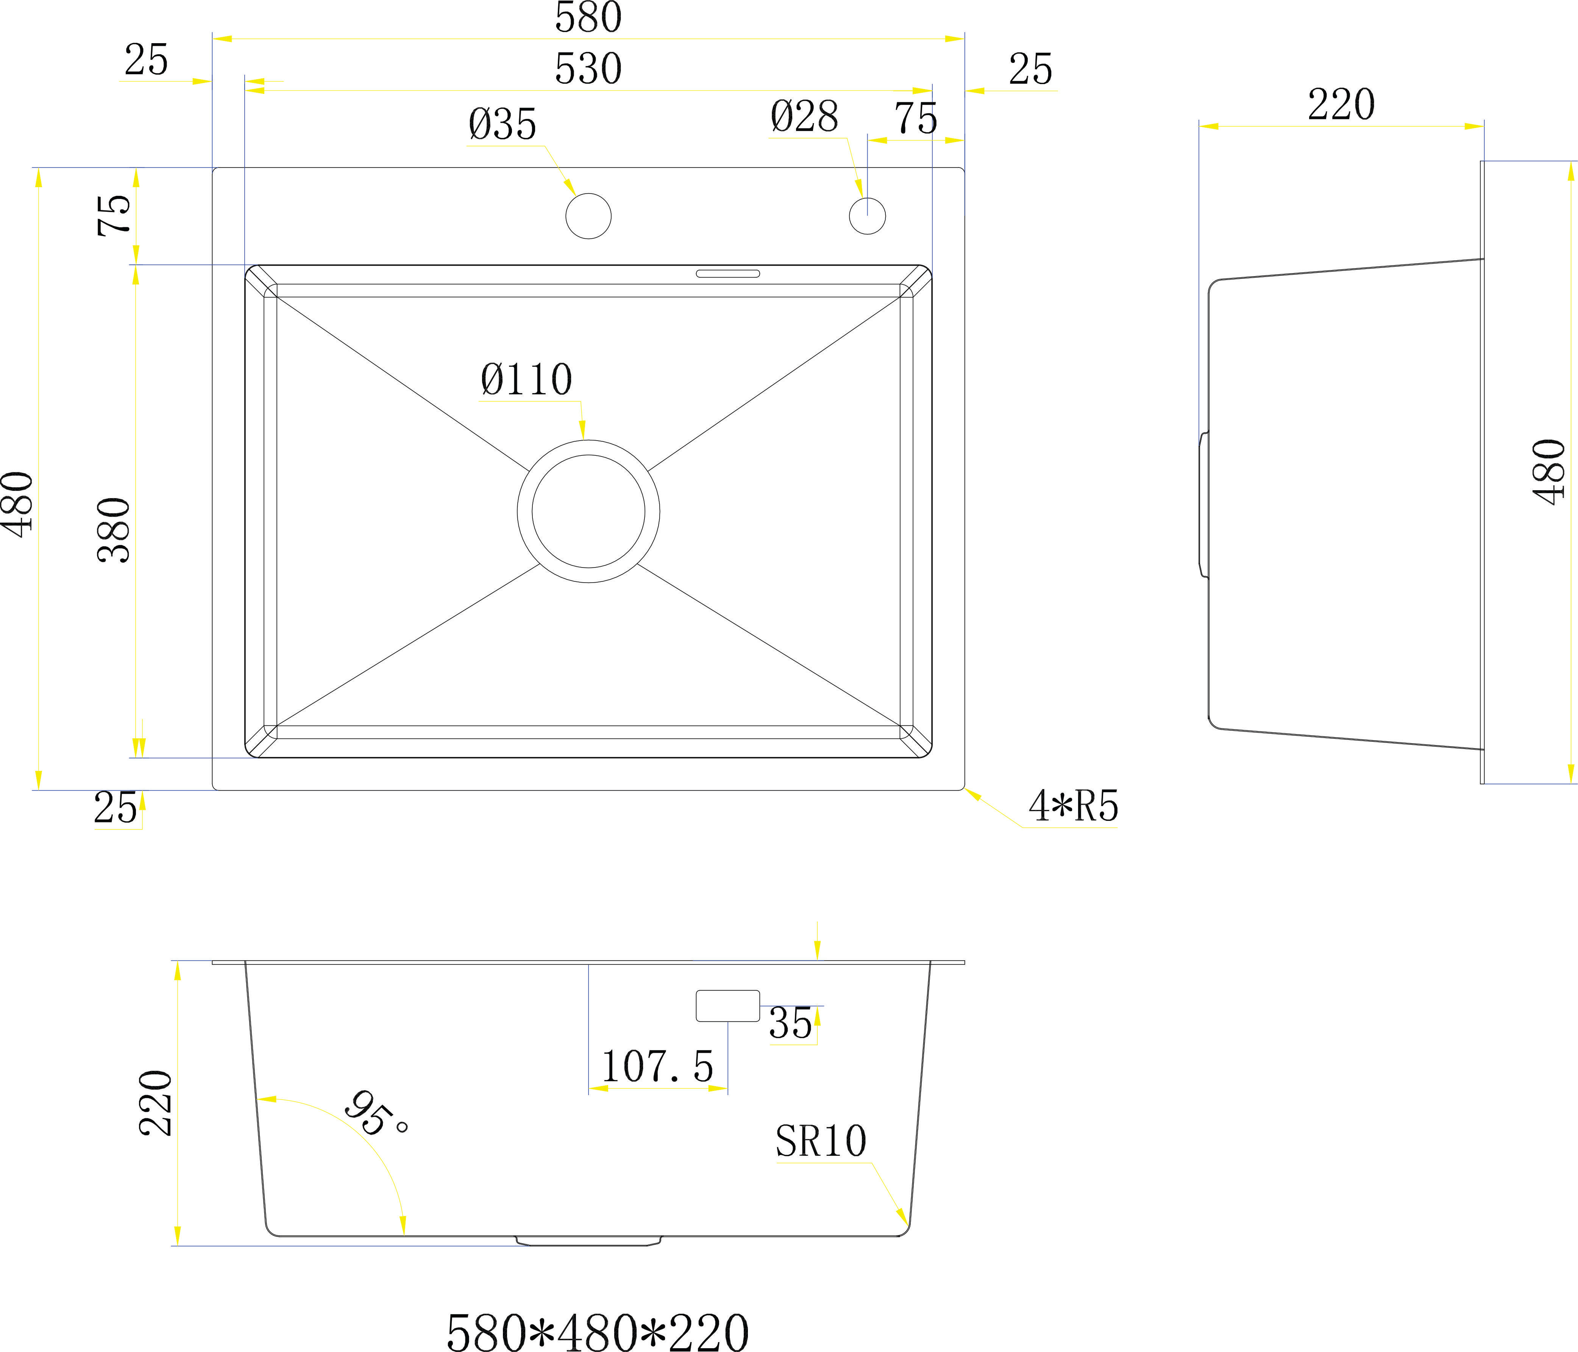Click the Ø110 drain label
[526, 379]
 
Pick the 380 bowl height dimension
[114, 530]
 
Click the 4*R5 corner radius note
[1073, 806]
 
